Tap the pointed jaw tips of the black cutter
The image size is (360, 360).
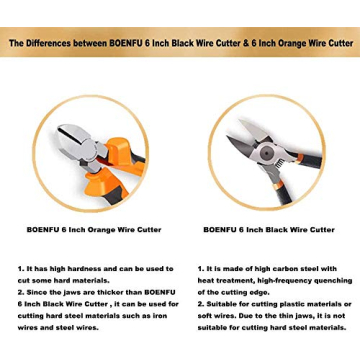pyautogui.click(x=232, y=127)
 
